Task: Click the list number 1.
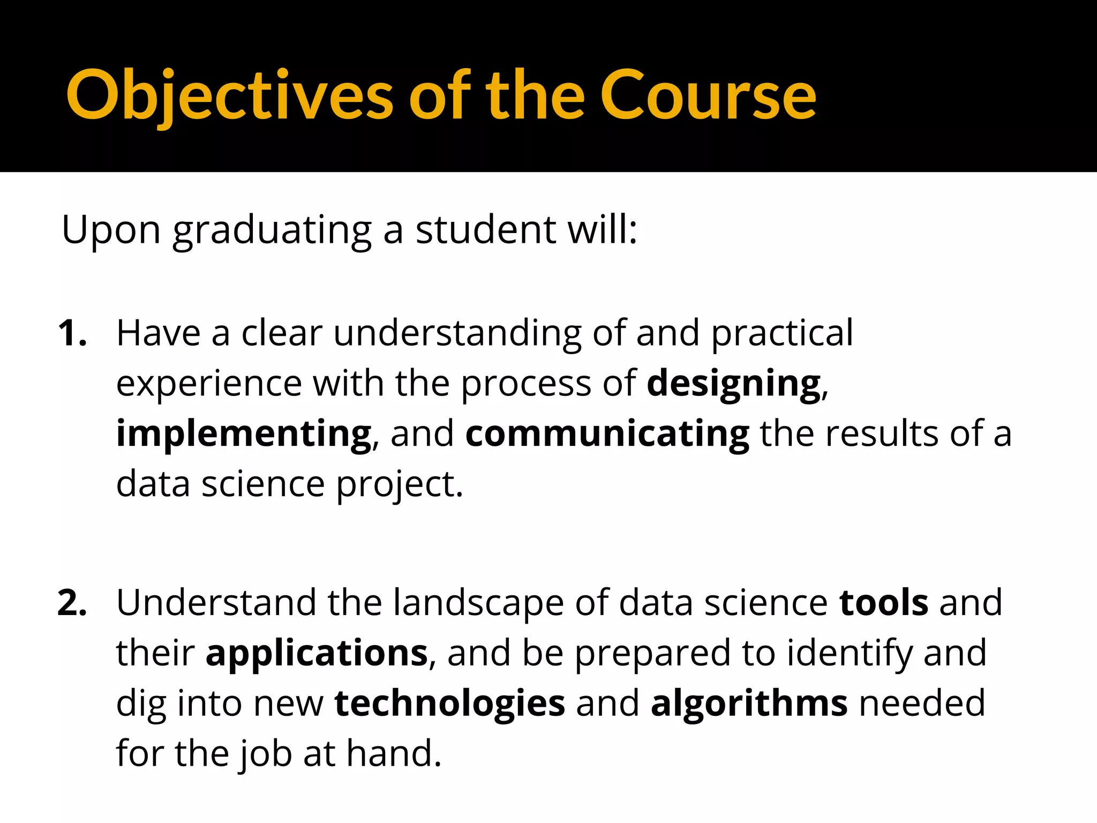(x=72, y=334)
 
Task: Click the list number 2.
(x=72, y=603)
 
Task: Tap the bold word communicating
(x=607, y=434)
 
